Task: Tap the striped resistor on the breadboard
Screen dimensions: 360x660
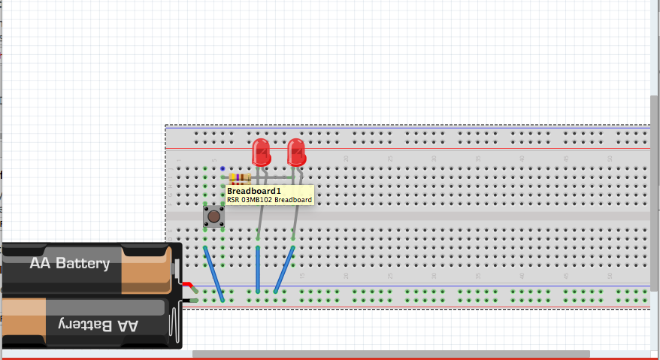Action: tap(239, 177)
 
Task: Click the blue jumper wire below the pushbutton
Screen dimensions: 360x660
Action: tap(213, 274)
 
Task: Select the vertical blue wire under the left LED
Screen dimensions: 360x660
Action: tap(258, 269)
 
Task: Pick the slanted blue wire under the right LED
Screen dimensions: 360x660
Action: tap(284, 269)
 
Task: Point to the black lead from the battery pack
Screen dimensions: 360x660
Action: tap(189, 301)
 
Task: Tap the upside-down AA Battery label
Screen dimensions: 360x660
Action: tap(96, 325)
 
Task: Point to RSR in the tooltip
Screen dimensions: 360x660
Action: tap(233, 201)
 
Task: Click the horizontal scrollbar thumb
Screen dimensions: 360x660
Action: tap(391, 354)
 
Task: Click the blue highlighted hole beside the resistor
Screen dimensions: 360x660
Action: tap(223, 169)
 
